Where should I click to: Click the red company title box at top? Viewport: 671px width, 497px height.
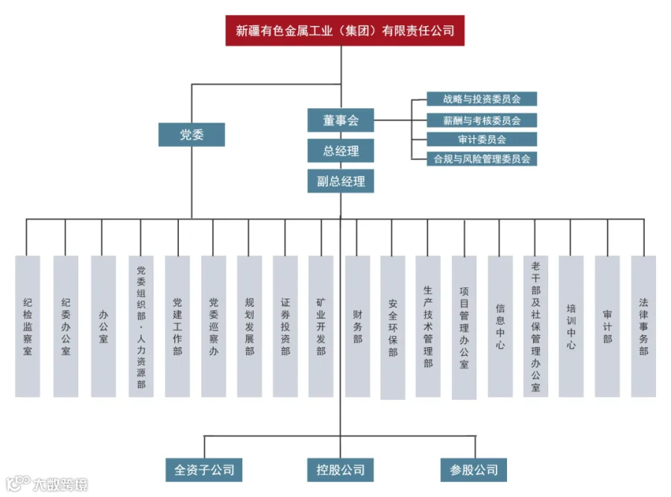(344, 31)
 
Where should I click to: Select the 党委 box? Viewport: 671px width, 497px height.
(192, 134)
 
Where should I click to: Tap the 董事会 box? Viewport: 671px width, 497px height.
(341, 119)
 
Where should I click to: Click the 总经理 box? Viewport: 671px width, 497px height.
(341, 151)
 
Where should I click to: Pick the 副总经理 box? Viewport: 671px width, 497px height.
(341, 181)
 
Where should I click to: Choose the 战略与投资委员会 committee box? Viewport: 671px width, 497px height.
(482, 99)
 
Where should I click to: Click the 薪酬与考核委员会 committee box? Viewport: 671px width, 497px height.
(482, 119)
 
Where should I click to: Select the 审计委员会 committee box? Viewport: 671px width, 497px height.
(482, 139)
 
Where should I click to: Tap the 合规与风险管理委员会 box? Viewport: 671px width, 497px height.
(482, 158)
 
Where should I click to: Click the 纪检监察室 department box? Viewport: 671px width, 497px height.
(28, 326)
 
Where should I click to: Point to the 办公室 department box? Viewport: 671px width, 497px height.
(104, 326)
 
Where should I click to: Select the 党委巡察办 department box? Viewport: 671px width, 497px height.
(213, 326)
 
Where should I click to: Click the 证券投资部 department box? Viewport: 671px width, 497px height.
(286, 326)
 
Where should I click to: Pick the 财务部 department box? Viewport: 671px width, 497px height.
(358, 326)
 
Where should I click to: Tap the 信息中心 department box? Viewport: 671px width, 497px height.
(500, 326)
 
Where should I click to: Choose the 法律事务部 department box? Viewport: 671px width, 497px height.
(643, 326)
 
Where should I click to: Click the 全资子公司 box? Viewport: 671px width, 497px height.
(204, 469)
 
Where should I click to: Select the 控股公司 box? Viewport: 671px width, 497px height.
(340, 469)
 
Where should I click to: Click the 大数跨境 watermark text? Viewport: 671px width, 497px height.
(60, 484)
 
